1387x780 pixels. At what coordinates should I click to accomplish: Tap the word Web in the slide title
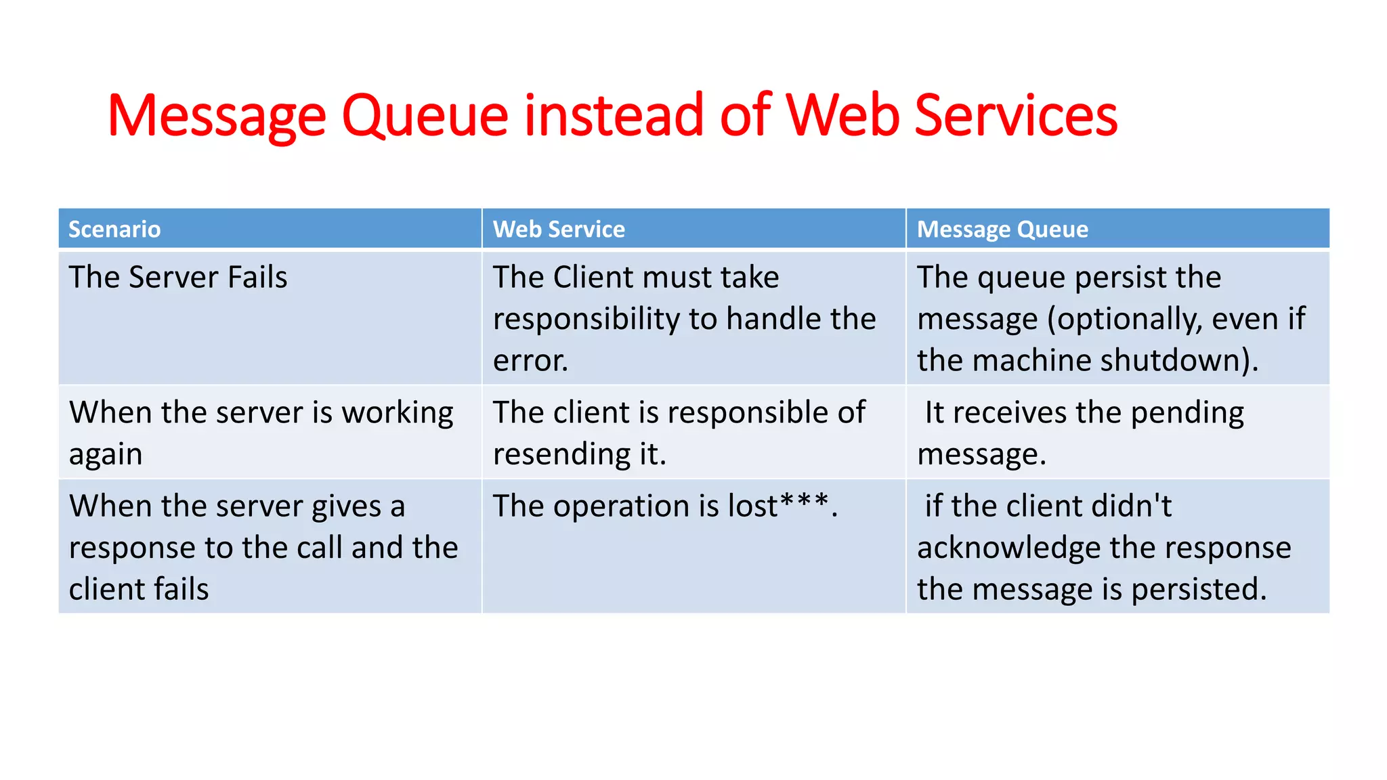[x=842, y=115]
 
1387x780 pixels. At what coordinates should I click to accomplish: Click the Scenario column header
[x=114, y=230]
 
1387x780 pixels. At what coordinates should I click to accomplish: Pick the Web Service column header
[x=559, y=230]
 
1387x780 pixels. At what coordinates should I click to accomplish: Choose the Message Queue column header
[x=1002, y=230]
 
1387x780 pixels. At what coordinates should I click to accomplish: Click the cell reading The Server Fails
[x=178, y=278]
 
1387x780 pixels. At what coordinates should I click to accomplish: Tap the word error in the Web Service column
[x=528, y=361]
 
